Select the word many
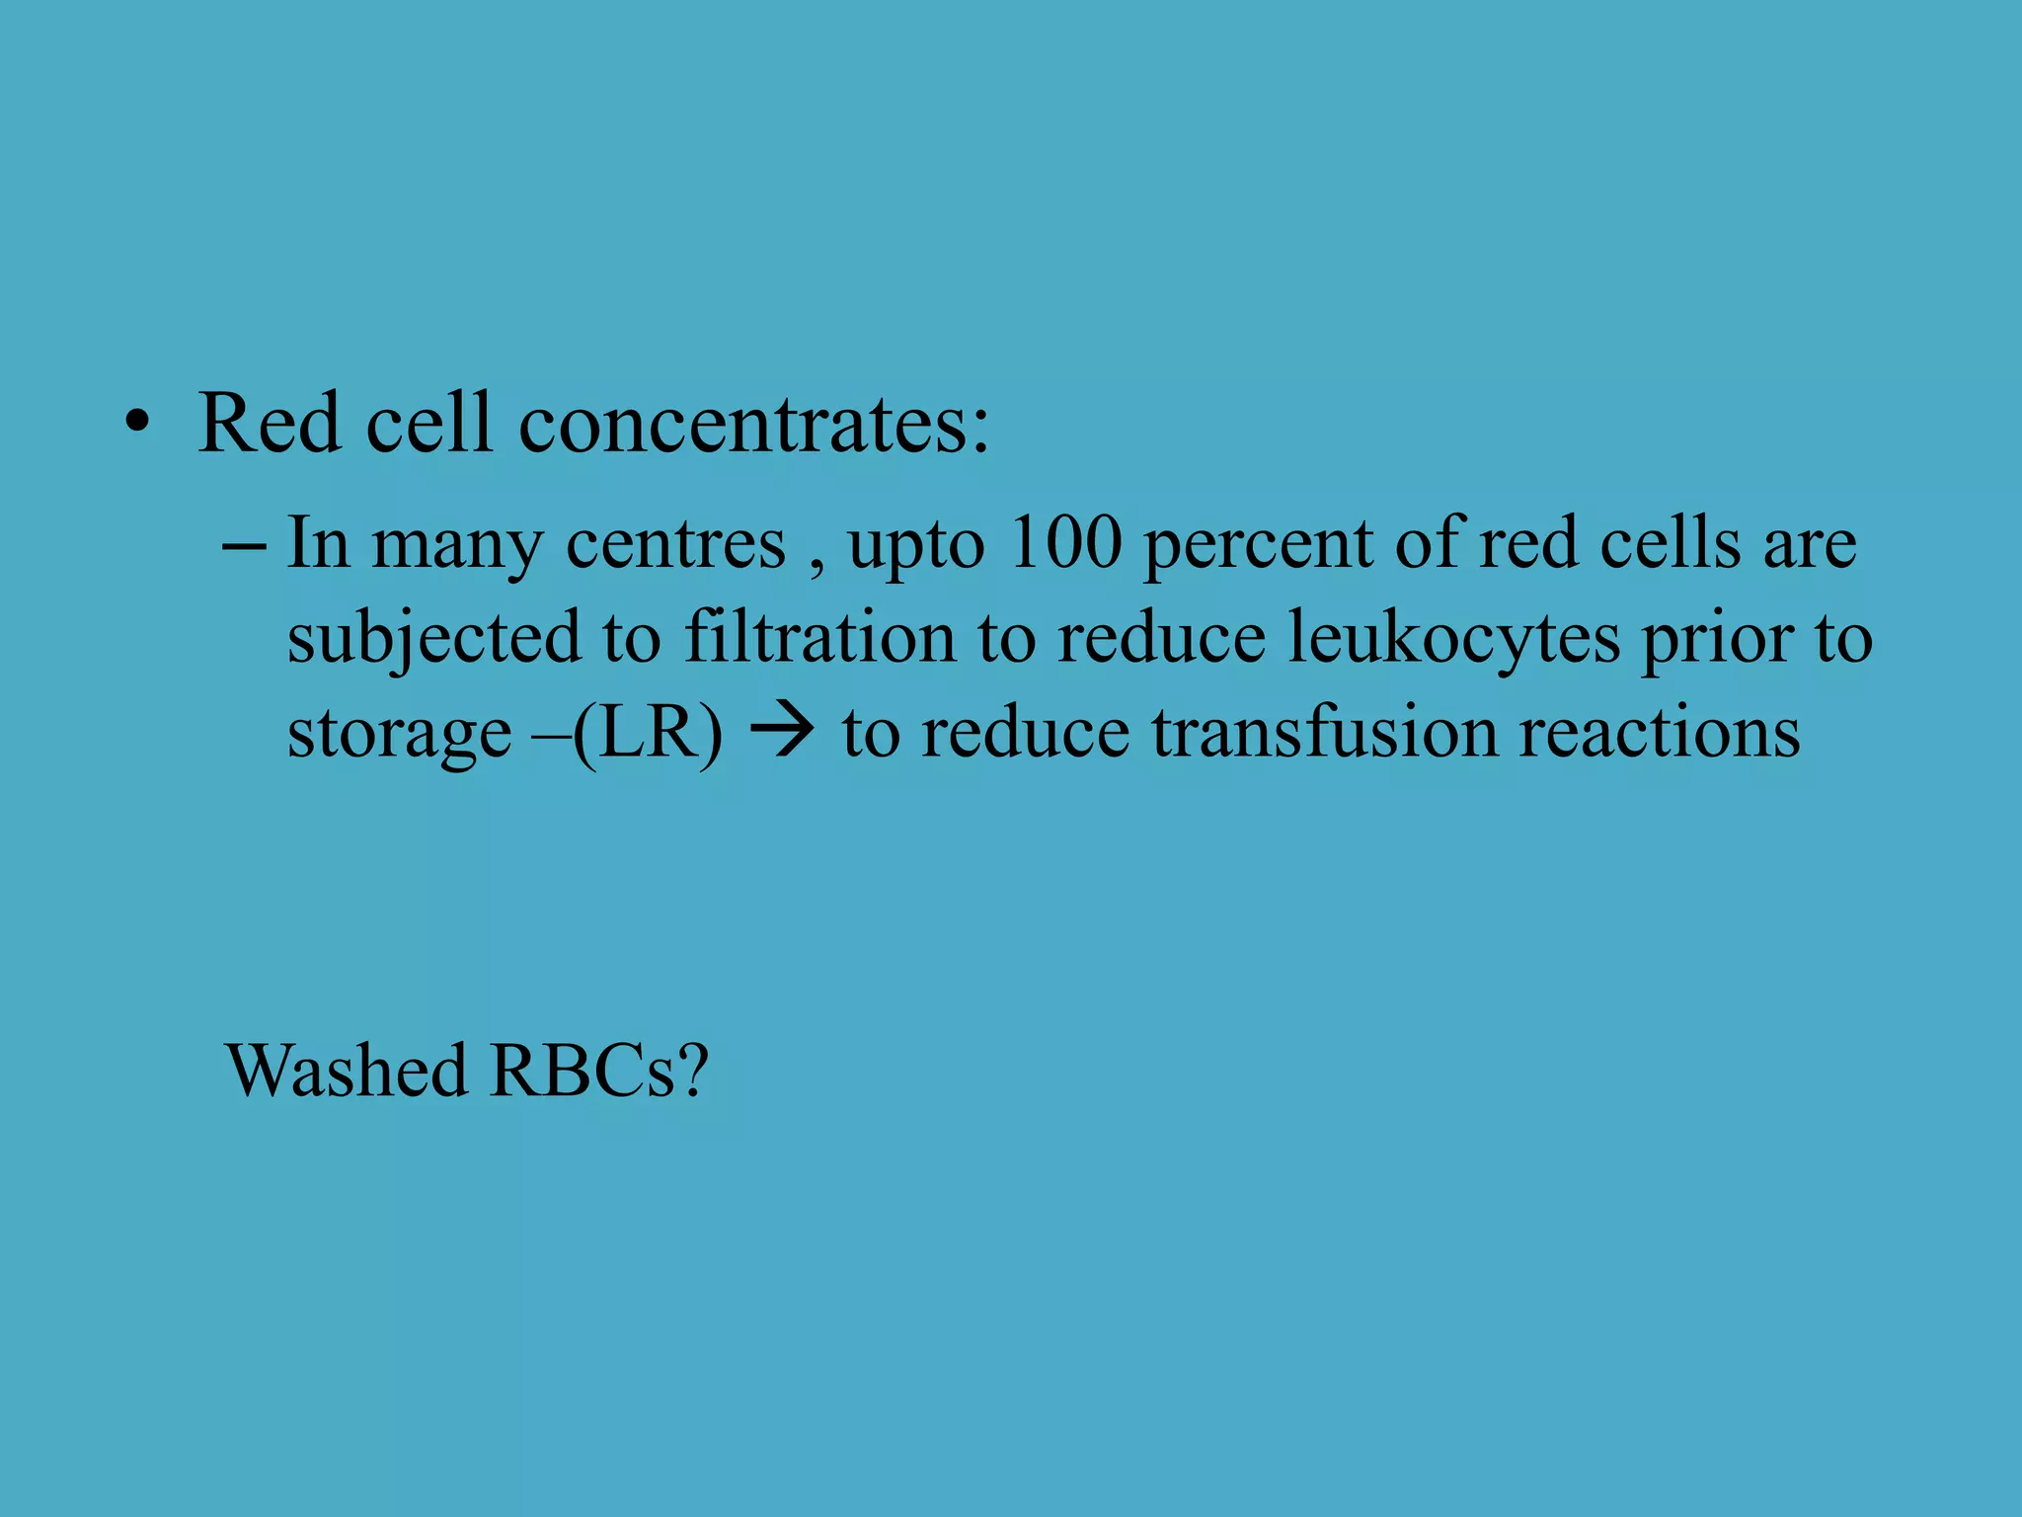tap(456, 546)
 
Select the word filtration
tap(819, 637)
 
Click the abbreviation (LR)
tap(648, 733)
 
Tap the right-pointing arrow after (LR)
tap(782, 733)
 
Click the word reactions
tap(1659, 732)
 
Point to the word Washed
tap(347, 1070)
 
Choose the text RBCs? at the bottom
tap(598, 1070)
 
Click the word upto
tap(915, 546)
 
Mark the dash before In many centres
tap(244, 544)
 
